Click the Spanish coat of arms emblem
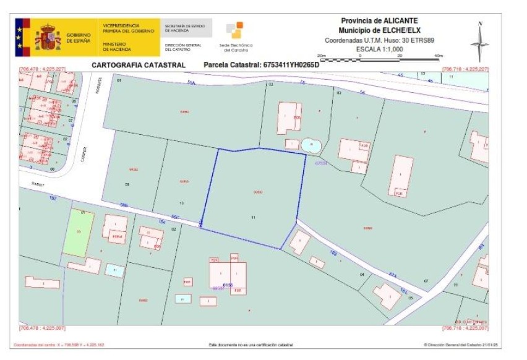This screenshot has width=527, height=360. (x=48, y=37)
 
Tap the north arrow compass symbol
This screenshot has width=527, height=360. (x=479, y=41)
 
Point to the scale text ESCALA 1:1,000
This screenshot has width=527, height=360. (x=380, y=49)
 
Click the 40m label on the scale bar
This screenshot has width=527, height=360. (x=439, y=56)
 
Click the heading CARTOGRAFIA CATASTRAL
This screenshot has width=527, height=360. (x=139, y=65)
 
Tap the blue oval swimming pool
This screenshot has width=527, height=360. (x=311, y=146)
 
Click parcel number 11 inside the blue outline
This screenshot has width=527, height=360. (x=254, y=218)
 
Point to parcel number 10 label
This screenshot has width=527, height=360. (x=181, y=203)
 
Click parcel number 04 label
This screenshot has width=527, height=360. (x=362, y=274)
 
